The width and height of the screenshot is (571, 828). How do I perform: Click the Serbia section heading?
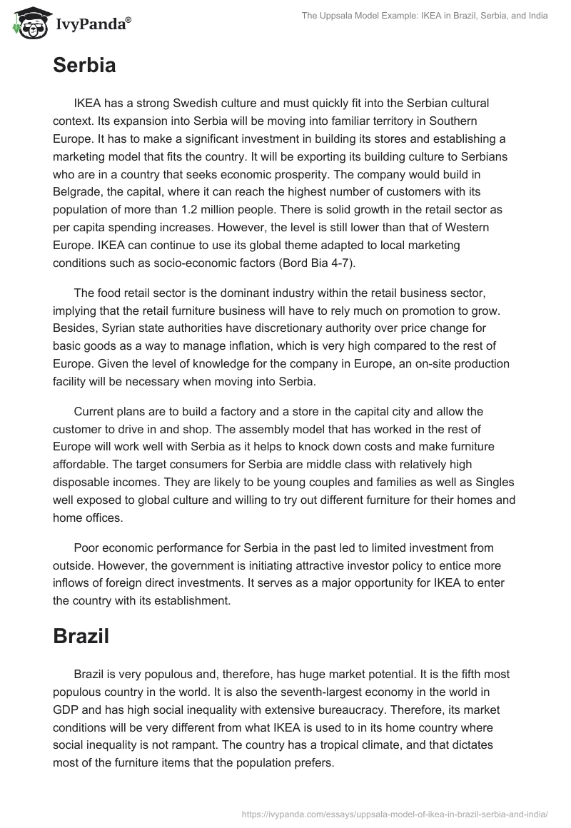click(x=84, y=66)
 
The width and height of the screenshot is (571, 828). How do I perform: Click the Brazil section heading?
click(x=81, y=637)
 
